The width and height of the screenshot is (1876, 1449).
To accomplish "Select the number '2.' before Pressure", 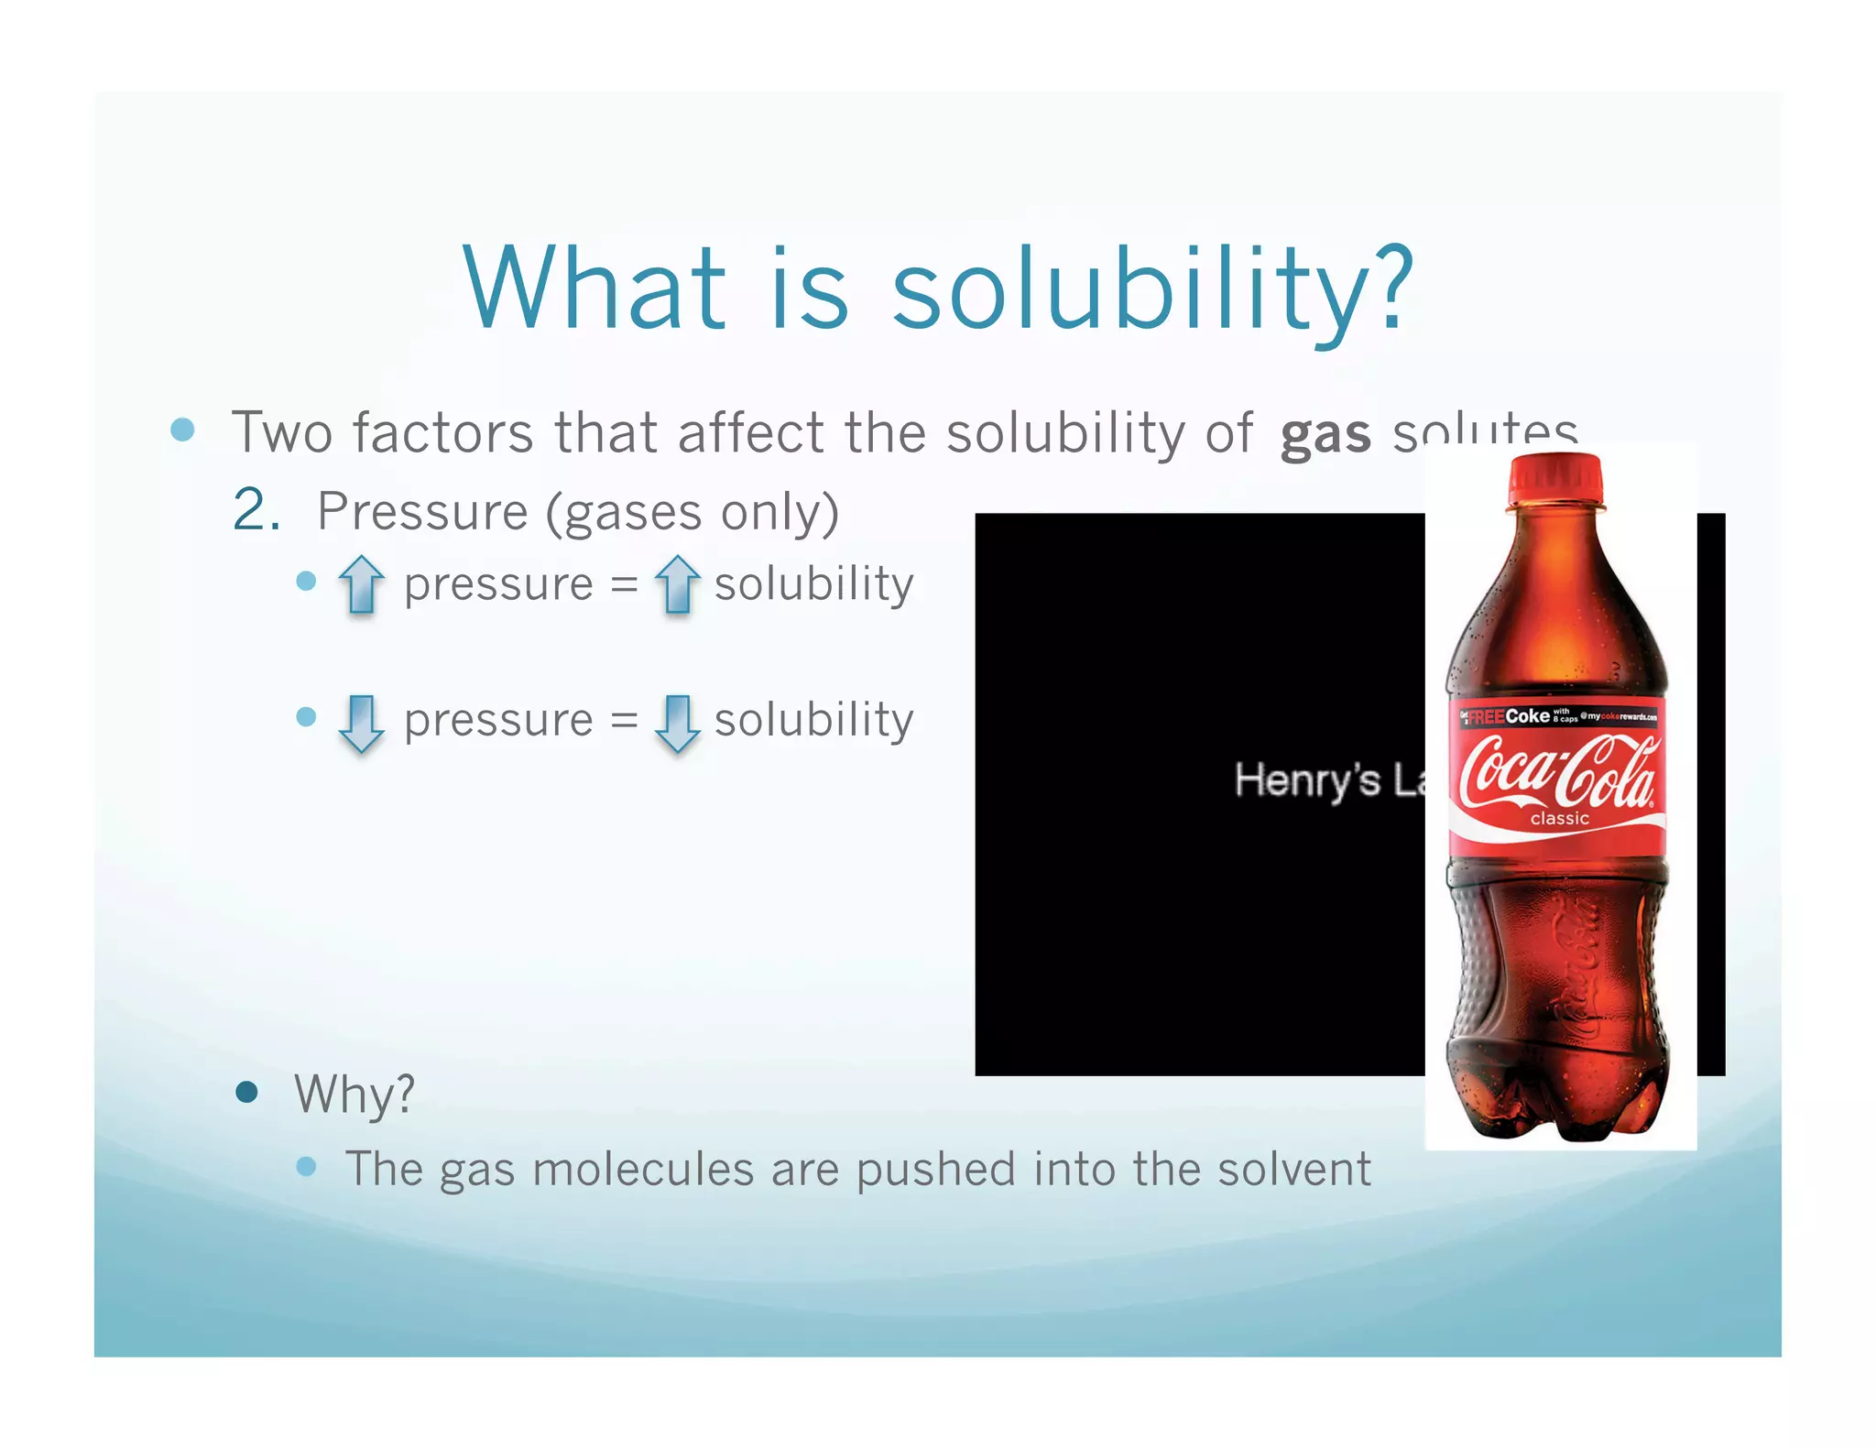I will pyautogui.click(x=256, y=510).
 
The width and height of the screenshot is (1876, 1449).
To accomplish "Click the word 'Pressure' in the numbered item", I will pyautogui.click(x=422, y=511).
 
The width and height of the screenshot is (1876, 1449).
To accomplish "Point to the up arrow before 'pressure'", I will pyautogui.click(x=361, y=583).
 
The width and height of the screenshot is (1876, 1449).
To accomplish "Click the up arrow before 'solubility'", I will pyautogui.click(x=677, y=583).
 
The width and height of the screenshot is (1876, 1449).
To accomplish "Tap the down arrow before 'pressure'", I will pyautogui.click(x=361, y=722).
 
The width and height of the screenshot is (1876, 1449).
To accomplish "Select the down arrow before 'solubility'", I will pyautogui.click(x=677, y=722).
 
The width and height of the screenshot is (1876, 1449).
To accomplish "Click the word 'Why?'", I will pyautogui.click(x=354, y=1094).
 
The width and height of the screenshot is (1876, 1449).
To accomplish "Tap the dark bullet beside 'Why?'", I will pyautogui.click(x=245, y=1092).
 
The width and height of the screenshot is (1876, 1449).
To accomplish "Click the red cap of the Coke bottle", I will pyautogui.click(x=1556, y=478).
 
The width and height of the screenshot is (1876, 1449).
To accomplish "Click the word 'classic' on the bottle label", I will pyautogui.click(x=1559, y=818).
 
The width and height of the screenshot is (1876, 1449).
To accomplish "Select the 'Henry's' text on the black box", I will pyautogui.click(x=1307, y=780).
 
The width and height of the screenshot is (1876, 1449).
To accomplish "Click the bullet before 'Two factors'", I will pyautogui.click(x=183, y=430).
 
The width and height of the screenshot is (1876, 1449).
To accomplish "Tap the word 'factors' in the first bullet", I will pyautogui.click(x=442, y=432).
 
